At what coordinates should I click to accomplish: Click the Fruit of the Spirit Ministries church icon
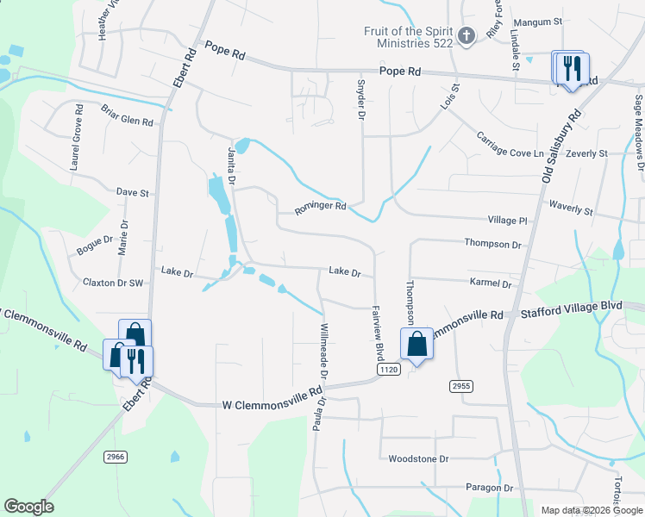(x=466, y=36)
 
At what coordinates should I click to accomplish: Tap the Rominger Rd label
(x=320, y=207)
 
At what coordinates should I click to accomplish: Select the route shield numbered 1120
(x=389, y=369)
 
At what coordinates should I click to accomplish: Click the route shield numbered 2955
(x=460, y=386)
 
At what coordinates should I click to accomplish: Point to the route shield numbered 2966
(x=116, y=455)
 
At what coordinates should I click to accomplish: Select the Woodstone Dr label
(x=419, y=459)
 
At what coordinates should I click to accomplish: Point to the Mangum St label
(x=537, y=21)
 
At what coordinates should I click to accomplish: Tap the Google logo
(x=28, y=507)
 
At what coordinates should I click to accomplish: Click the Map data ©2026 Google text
(x=591, y=510)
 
